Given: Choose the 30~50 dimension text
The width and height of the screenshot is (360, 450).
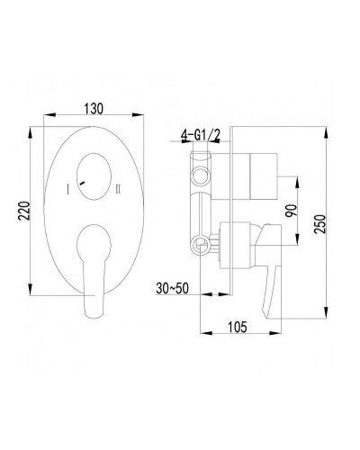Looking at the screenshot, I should [171, 290].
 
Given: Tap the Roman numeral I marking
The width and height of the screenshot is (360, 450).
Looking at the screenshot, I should [67, 188].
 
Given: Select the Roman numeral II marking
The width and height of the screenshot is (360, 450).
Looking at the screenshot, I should [119, 188].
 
